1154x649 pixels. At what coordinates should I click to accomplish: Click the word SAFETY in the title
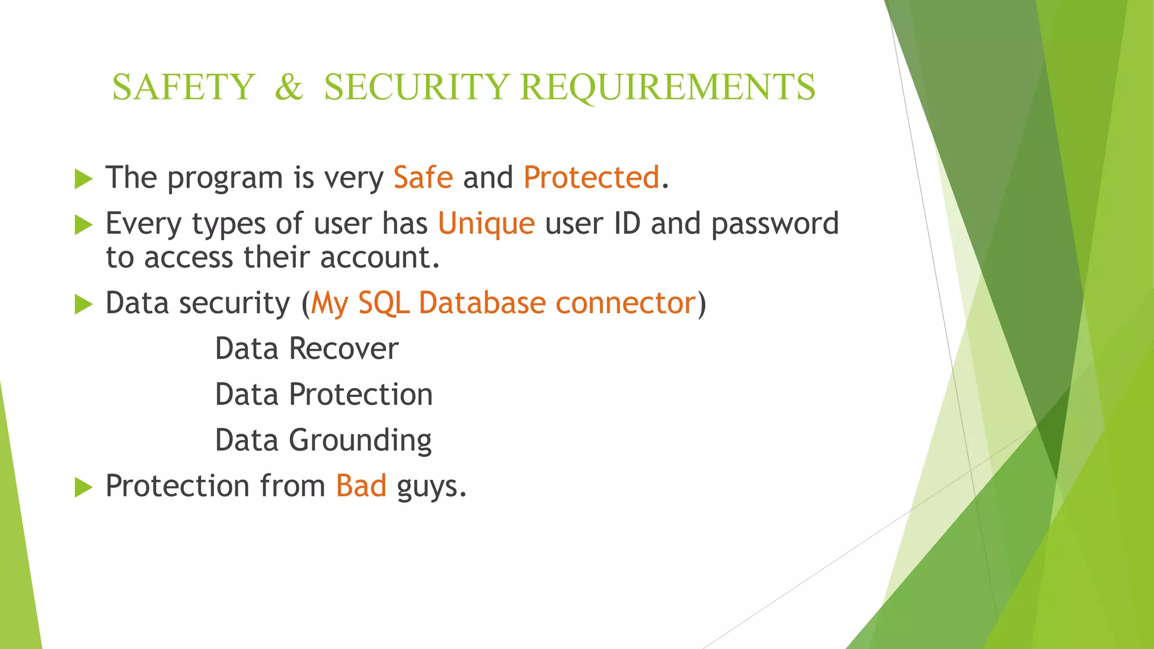point(184,87)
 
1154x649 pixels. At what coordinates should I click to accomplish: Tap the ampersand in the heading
point(289,87)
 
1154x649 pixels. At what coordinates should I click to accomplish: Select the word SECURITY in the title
point(416,87)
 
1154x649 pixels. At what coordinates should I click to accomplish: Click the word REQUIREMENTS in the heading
point(667,87)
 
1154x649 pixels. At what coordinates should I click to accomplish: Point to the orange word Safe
point(423,177)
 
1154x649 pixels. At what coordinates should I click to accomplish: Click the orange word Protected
point(591,177)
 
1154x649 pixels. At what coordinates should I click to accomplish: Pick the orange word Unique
point(486,223)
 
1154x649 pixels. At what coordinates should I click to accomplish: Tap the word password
point(775,224)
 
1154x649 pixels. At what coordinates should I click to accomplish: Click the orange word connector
point(625,303)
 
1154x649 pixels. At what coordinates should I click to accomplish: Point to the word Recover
point(344,349)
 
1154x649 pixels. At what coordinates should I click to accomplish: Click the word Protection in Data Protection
point(361,394)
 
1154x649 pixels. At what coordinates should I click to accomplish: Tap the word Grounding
point(361,441)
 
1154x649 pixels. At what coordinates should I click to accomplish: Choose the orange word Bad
point(361,486)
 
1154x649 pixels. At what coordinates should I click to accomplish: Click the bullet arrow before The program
point(83,179)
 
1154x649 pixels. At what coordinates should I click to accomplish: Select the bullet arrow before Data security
point(83,305)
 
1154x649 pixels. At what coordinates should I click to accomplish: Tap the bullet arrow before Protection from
point(83,487)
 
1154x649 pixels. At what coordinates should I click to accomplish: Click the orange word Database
point(482,303)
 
